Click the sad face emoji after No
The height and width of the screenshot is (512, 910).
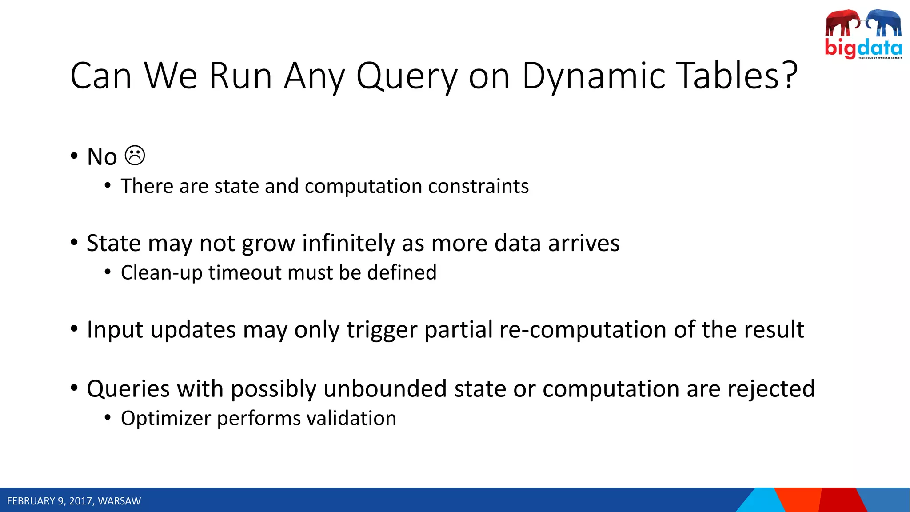point(135,156)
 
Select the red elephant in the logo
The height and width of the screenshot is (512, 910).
point(842,23)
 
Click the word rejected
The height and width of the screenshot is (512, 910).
point(771,389)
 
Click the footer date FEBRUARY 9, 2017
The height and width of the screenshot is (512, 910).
point(50,501)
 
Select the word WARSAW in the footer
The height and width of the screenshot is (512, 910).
point(119,501)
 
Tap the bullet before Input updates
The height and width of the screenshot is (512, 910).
point(74,329)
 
